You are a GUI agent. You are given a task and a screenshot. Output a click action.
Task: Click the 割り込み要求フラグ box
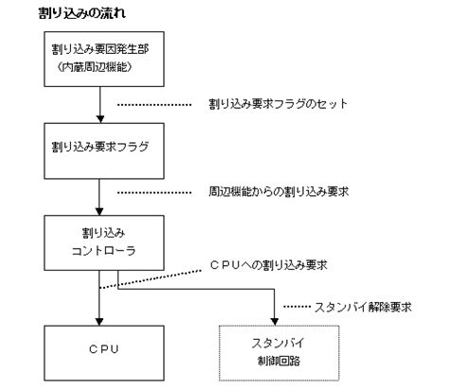[99, 150]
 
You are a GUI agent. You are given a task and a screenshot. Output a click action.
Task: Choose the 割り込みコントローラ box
[99, 242]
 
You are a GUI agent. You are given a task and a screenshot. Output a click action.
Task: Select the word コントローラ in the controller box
[99, 252]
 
